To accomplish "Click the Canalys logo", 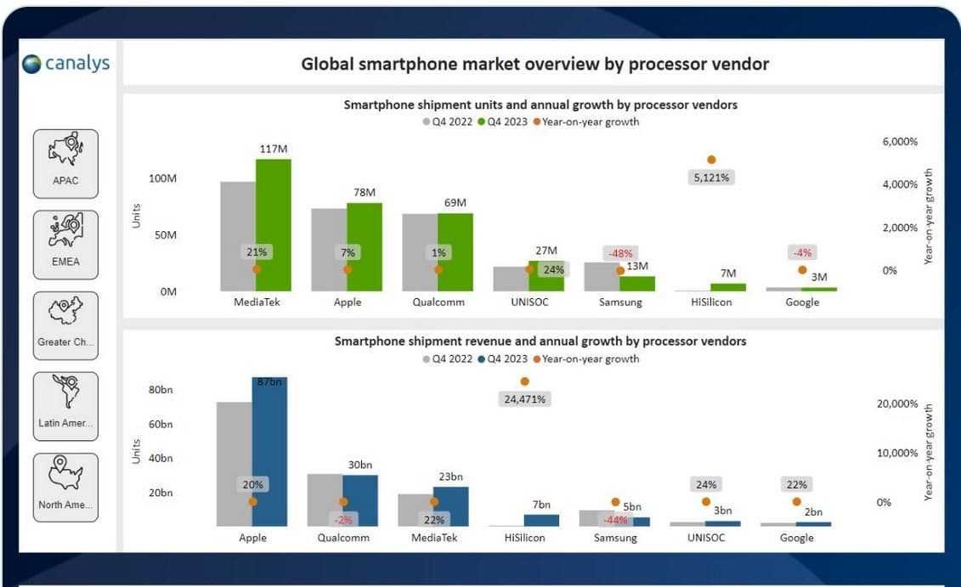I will coord(66,64).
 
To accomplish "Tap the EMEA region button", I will coord(65,245).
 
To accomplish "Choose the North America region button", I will coord(65,487).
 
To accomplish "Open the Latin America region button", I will coord(65,406).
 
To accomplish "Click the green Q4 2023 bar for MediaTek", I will coord(273,225).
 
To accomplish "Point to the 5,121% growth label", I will coord(710,178).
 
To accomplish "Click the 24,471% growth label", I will coord(523,398).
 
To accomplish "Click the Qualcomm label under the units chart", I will coord(438,302).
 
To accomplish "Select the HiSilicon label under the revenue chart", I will coord(523,538).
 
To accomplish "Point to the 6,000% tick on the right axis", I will coord(900,142).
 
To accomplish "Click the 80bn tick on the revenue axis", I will coord(161,391).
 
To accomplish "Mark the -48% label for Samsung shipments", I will coord(620,253).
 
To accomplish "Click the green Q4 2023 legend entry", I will coord(501,122).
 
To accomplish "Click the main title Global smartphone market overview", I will coord(534,64).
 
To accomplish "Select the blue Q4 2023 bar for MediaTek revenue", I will coord(450,506).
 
